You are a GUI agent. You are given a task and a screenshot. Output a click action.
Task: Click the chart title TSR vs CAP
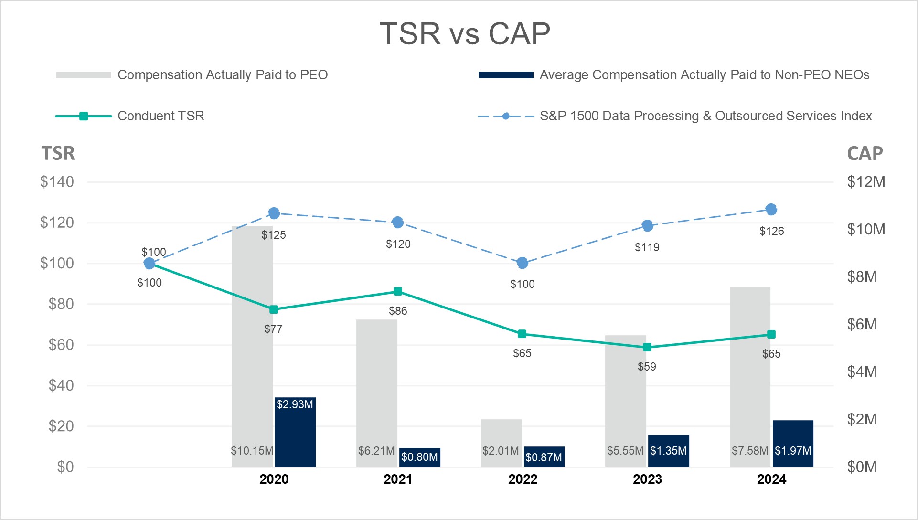pos(465,33)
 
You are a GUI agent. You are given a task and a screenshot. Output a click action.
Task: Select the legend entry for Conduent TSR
pos(160,116)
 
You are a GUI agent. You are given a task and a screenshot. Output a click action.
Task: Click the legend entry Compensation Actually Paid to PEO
pos(222,75)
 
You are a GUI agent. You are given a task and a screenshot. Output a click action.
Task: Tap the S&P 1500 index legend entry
pos(705,116)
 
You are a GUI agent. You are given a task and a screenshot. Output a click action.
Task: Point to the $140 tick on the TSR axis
pos(57,182)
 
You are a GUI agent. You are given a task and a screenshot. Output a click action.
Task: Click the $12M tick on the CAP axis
pos(865,182)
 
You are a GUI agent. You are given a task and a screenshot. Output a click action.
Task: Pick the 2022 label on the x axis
pos(523,479)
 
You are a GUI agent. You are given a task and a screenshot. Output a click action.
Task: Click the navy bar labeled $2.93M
pos(295,432)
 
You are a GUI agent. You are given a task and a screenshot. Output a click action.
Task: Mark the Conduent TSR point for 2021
pos(398,291)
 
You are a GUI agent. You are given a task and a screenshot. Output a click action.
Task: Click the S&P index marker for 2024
pos(771,209)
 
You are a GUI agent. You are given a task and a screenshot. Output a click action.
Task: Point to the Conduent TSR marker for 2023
pos(647,347)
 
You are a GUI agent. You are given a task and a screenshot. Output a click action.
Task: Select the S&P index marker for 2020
pos(274,213)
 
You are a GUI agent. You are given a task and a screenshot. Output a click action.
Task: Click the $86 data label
pos(398,311)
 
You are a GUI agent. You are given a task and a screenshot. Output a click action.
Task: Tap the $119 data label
pos(647,247)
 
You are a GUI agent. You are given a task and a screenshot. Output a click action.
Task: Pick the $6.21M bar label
pos(376,451)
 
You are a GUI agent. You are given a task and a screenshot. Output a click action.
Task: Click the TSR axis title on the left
pos(58,153)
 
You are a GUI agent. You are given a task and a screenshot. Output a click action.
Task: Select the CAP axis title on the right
pos(865,153)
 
